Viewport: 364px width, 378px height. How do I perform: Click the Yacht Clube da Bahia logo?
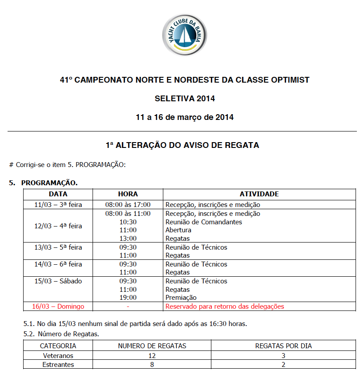185,36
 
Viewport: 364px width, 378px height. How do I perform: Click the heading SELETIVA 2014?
185,99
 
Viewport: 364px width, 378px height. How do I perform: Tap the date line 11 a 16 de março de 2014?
185,117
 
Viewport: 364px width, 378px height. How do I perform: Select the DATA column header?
58,194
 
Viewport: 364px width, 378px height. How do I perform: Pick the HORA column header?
128,194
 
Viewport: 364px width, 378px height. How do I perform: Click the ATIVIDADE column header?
259,194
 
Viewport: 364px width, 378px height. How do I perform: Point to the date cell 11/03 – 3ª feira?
58,205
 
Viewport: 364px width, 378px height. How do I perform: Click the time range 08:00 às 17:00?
128,205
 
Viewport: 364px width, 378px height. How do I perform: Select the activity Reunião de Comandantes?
204,222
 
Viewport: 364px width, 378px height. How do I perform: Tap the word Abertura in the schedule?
178,230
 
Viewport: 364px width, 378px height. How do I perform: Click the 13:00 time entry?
128,239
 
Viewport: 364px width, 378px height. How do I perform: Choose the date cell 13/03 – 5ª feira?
58,247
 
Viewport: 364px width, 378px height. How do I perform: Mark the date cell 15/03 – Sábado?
58,281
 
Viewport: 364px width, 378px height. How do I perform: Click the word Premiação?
181,298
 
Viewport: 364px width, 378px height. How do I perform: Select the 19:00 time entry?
128,298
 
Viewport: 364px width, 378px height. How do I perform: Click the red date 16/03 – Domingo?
58,306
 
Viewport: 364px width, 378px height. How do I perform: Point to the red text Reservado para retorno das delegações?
225,306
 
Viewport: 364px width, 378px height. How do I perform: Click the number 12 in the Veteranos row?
152,355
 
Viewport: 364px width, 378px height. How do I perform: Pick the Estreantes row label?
58,365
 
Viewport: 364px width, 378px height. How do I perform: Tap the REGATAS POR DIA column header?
283,346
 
